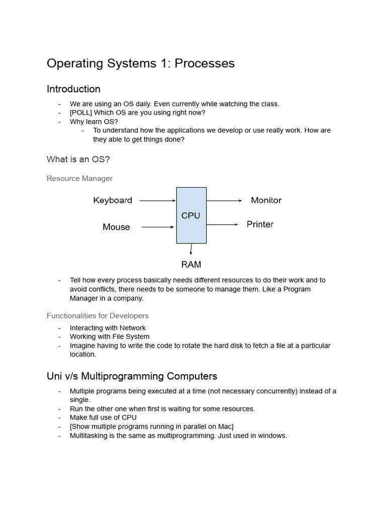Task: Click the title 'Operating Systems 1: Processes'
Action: click(141, 63)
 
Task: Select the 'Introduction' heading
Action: click(73, 89)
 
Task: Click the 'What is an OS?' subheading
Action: click(78, 159)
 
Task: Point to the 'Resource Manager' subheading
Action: click(79, 179)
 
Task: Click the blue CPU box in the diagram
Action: click(191, 215)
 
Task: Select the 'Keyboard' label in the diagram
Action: click(113, 200)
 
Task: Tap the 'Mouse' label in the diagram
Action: click(116, 227)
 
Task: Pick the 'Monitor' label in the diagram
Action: click(266, 200)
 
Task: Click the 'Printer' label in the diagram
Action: click(260, 224)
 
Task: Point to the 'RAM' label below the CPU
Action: click(191, 264)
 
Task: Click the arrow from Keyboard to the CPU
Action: click(157, 201)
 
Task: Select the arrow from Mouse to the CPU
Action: click(158, 227)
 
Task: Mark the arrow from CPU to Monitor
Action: click(224, 201)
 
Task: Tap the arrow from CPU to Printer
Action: click(222, 224)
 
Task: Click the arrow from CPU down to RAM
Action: click(191, 249)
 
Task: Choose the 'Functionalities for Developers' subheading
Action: click(98, 316)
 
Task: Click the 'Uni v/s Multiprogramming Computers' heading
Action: click(132, 376)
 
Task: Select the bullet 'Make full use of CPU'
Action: click(103, 417)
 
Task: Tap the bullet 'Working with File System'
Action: click(110, 336)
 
